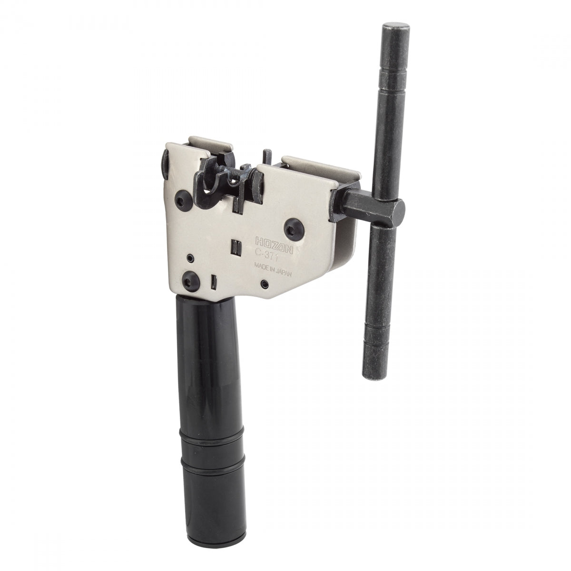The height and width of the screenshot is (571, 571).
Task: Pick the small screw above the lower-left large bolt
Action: (x=190, y=257)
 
